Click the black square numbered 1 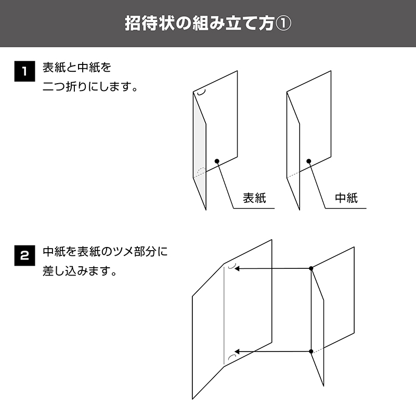point(24,71)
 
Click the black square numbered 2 point(24,255)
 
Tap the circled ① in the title point(283,23)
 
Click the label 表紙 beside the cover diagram point(254,198)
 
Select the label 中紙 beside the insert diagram point(346,198)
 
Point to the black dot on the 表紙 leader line point(217,161)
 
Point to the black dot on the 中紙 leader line point(308,161)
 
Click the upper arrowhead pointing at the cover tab point(237,268)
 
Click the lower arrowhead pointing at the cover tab point(237,352)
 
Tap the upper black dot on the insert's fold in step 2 point(311,268)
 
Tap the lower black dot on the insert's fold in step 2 point(311,352)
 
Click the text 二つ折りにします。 point(90,86)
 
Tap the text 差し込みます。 point(80,271)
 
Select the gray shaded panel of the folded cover point(200,149)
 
